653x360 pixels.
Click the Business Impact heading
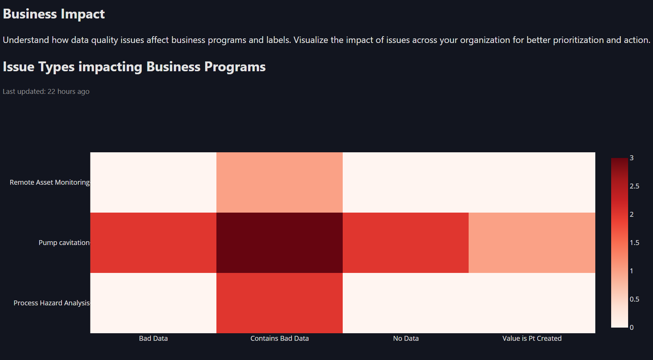[x=54, y=14]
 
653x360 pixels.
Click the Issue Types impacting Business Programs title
[x=134, y=67]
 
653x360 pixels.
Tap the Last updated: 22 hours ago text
[x=46, y=92]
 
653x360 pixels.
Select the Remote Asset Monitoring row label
[x=49, y=182]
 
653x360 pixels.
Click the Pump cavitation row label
[x=64, y=243]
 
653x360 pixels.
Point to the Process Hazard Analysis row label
[x=51, y=303]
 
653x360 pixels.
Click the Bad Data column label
[x=153, y=339]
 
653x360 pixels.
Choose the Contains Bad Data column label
[x=279, y=339]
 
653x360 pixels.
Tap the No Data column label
[x=406, y=339]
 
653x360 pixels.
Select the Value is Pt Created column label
[x=532, y=339]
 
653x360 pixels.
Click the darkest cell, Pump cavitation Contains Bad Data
[x=279, y=243]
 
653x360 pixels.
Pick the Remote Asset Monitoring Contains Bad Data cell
[x=279, y=182]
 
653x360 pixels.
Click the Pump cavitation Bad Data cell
[x=153, y=243]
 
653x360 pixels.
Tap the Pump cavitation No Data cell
[x=406, y=243]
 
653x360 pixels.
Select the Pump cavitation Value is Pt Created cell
[x=532, y=243]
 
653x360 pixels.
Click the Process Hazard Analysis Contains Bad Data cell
[x=279, y=303]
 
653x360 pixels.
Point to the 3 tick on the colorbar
[x=632, y=158]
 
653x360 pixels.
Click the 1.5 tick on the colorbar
[x=634, y=243]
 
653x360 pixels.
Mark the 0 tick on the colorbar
[x=632, y=328]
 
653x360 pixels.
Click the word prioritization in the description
[x=578, y=40]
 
